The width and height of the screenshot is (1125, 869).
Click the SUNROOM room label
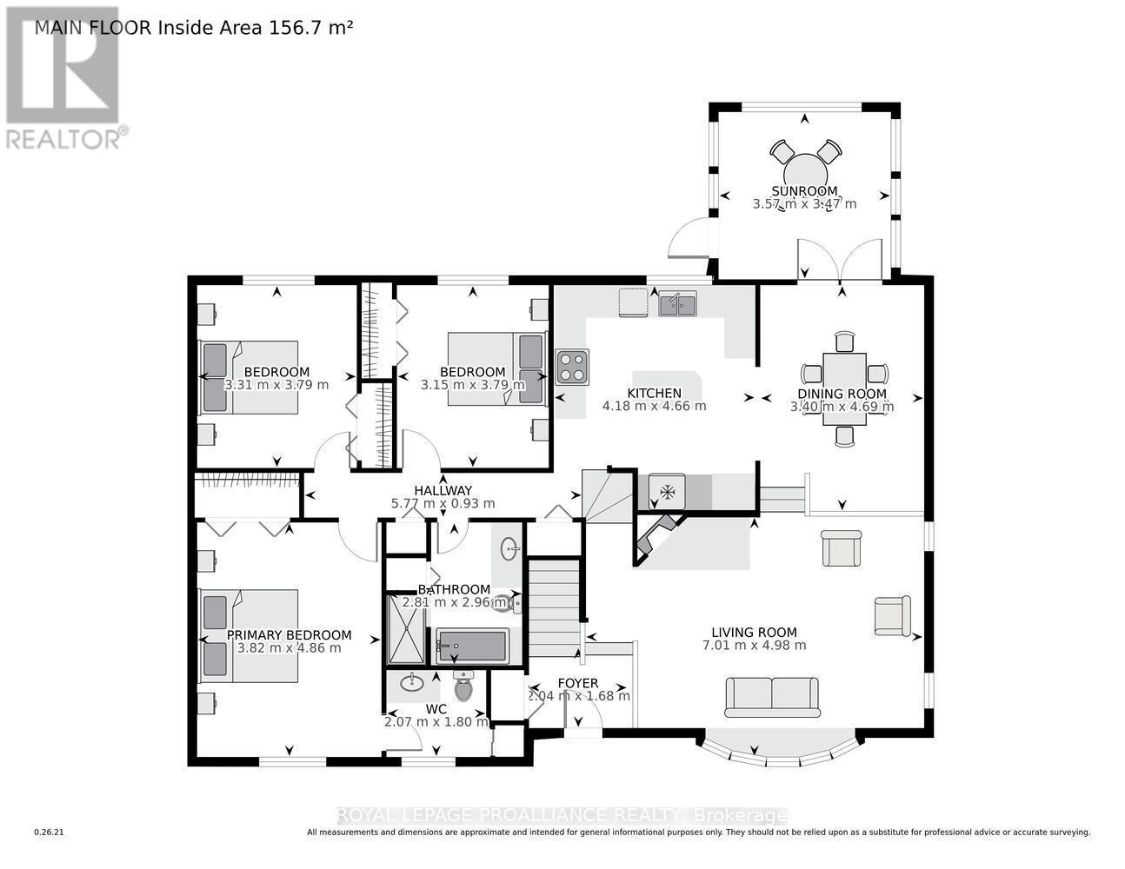[x=804, y=191]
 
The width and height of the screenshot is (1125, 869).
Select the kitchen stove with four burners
[x=572, y=367]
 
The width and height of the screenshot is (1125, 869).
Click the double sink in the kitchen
[x=676, y=304]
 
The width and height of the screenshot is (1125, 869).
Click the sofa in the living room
[x=773, y=697]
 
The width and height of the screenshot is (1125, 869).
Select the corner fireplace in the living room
[x=658, y=536]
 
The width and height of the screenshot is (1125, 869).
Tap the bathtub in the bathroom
[x=471, y=647]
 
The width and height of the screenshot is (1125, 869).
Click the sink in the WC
[x=412, y=683]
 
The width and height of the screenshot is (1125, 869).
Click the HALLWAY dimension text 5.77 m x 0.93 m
[x=443, y=503]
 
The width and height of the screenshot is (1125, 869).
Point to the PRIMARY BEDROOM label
[x=289, y=634]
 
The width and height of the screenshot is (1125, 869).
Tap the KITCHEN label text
[x=654, y=393]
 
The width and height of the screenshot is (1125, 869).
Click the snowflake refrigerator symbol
[x=668, y=492]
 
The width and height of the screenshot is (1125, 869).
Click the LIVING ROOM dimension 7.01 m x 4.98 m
[x=753, y=645]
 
